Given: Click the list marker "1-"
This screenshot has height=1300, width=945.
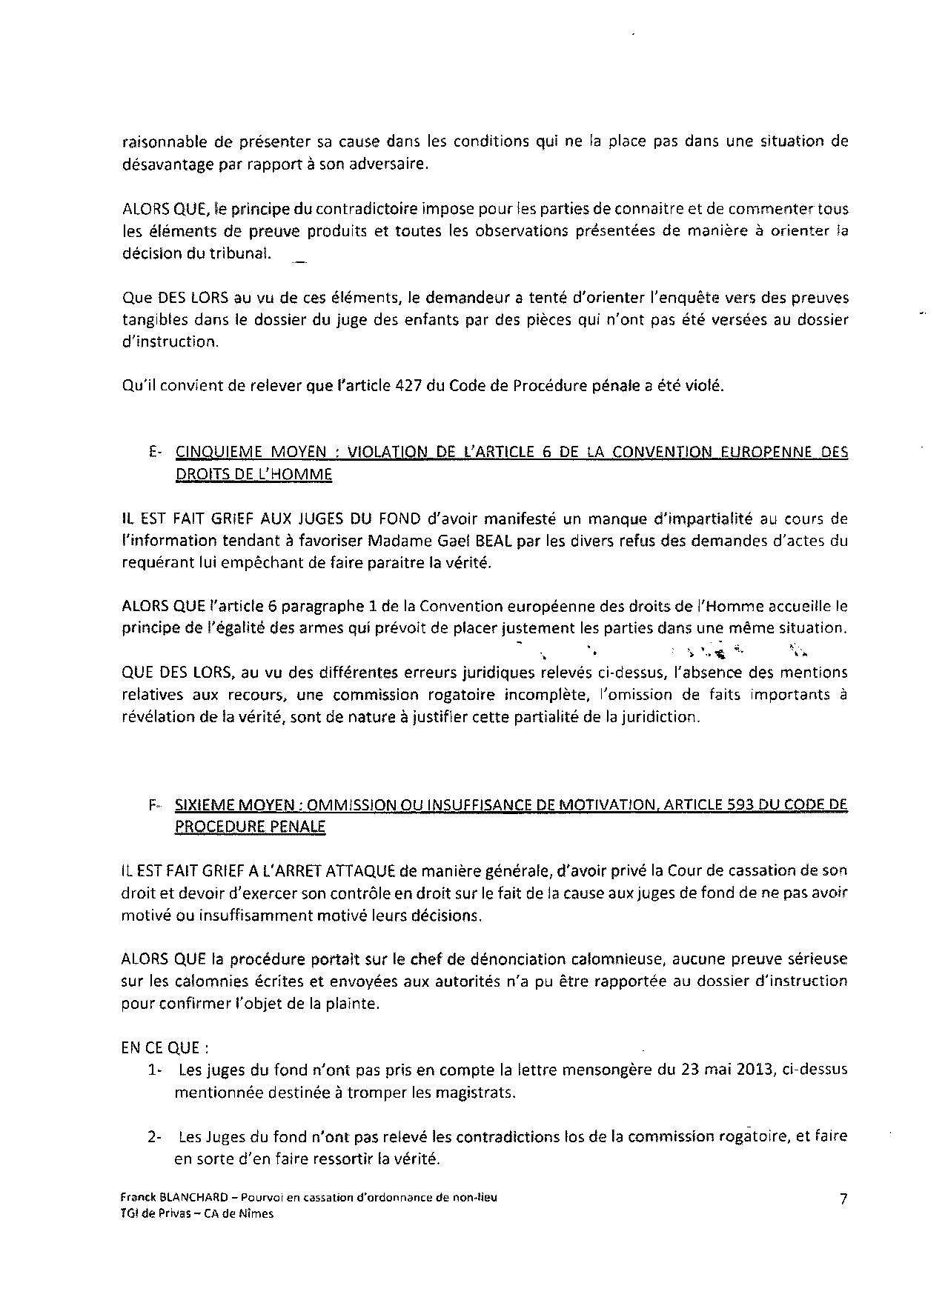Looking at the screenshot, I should coord(154,1070).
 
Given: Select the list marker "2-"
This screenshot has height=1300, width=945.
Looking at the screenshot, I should coord(154,1136).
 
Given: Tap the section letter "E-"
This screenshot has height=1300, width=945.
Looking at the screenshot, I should coord(155,453).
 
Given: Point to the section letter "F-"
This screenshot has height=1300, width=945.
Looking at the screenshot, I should coord(155,805).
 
